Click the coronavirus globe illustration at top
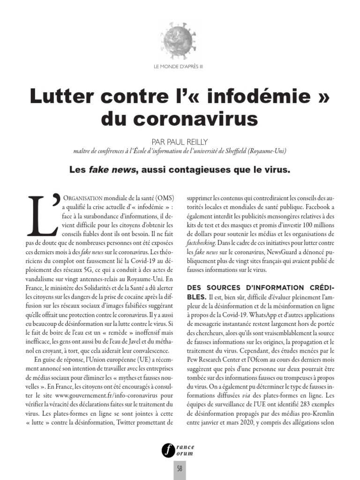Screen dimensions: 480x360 (x=179, y=38)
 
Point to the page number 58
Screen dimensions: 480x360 (x=180, y=469)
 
